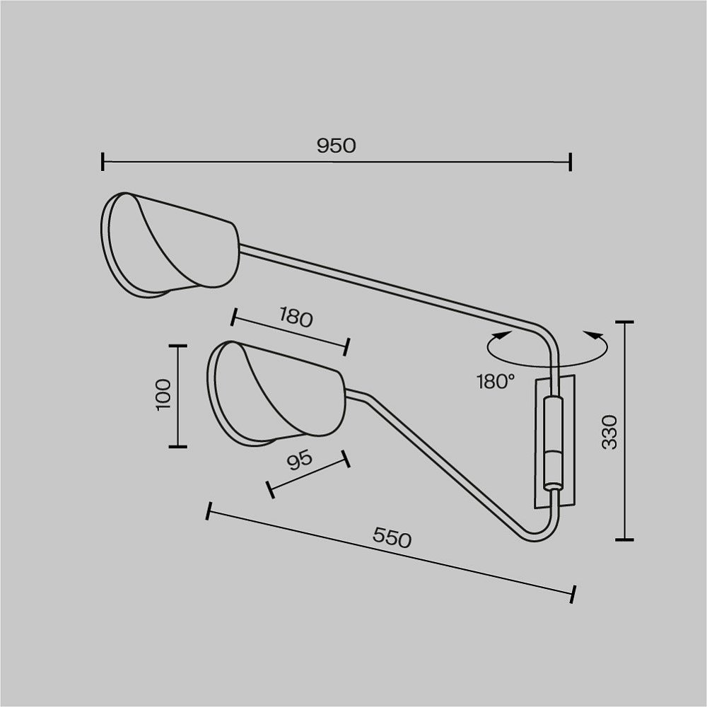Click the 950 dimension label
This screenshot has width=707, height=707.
click(x=336, y=146)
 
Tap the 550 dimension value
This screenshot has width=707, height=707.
click(x=392, y=537)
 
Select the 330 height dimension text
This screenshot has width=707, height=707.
click(x=609, y=433)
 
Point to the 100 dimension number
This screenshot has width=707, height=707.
click(x=163, y=395)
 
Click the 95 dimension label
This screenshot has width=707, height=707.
click(x=299, y=460)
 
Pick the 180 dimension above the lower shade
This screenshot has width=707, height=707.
click(x=296, y=317)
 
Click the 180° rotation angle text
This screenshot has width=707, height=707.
click(x=496, y=382)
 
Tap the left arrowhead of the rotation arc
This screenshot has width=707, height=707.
click(x=503, y=335)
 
